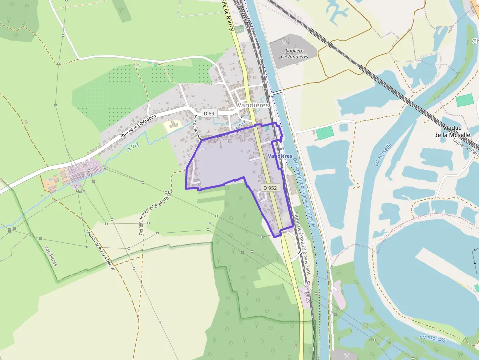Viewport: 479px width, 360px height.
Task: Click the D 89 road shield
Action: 209,114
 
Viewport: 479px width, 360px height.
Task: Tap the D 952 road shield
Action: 270,188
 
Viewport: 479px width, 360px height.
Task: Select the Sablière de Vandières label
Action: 294,53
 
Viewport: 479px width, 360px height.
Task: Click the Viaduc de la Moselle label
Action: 452,131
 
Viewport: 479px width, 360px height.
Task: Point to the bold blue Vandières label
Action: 280,156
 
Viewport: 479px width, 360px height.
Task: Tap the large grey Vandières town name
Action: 253,105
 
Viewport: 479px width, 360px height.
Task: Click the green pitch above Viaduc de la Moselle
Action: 465,100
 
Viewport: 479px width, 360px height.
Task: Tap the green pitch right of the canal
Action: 324,132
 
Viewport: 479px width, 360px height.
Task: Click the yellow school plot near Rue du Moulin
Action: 172,126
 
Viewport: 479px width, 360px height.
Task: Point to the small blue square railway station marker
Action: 267,128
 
